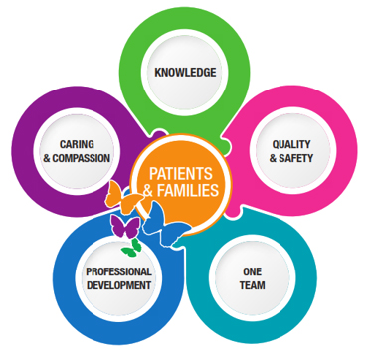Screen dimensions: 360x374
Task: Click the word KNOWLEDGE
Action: [186, 73]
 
